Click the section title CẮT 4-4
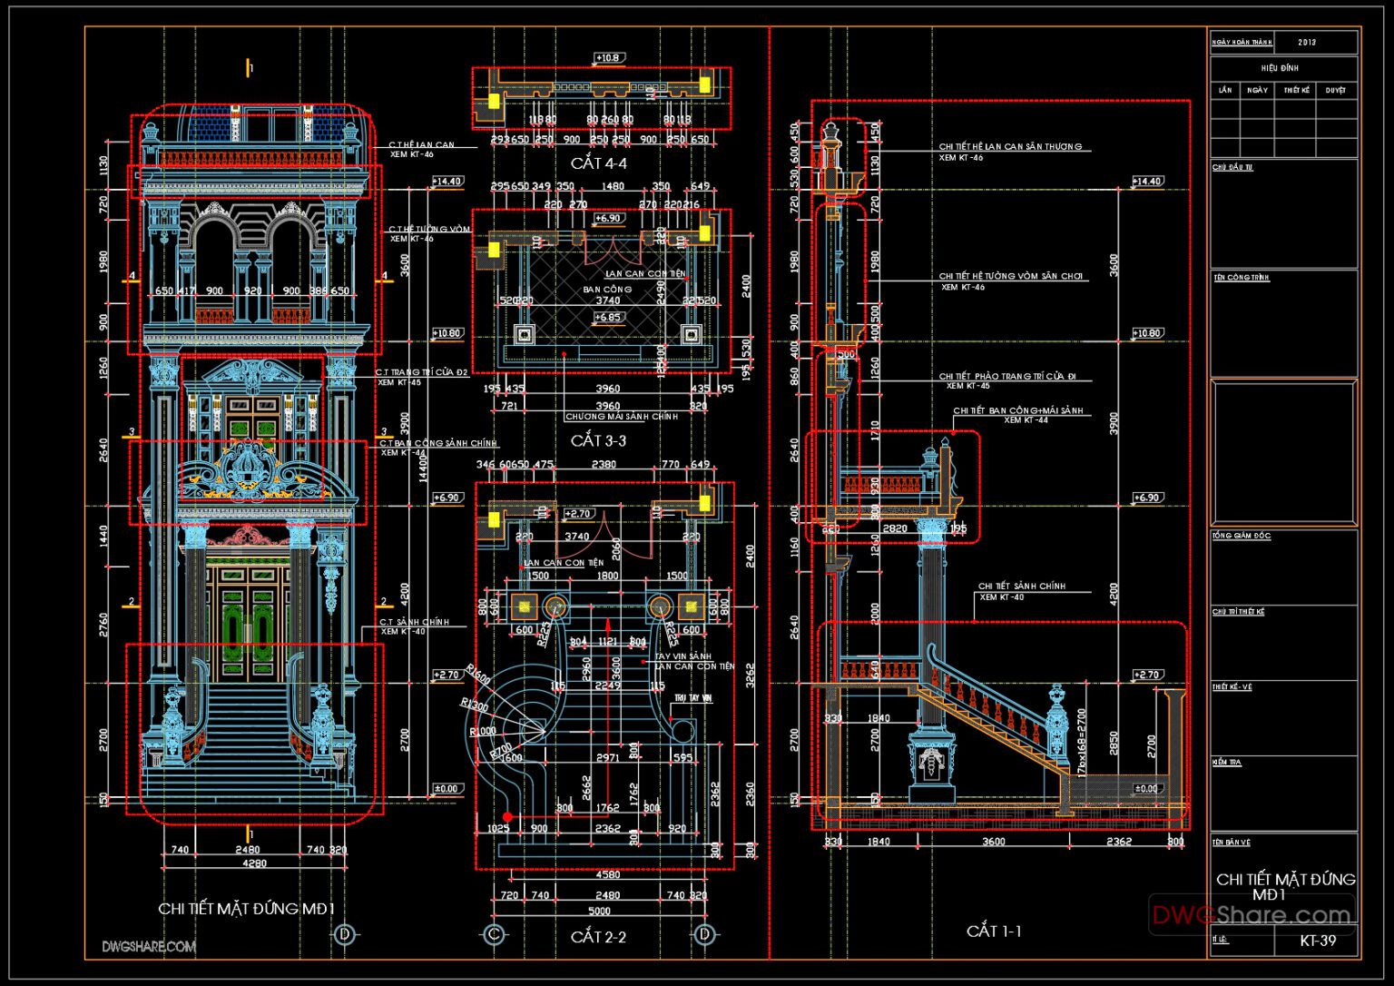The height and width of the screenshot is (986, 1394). [x=598, y=163]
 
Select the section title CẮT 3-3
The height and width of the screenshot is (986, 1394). [x=598, y=440]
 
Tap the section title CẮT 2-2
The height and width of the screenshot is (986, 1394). [x=598, y=936]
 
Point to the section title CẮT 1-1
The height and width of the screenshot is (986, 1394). [x=994, y=931]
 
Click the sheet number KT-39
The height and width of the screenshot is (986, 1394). [x=1318, y=941]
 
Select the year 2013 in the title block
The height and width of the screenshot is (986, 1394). [x=1307, y=43]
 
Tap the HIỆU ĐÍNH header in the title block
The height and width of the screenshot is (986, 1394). [x=1280, y=68]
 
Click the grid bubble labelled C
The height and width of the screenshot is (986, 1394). [x=495, y=933]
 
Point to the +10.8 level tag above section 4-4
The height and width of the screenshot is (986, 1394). [x=607, y=58]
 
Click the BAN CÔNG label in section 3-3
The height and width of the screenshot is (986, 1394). [x=607, y=290]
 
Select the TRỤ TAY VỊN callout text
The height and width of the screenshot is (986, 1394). [x=692, y=699]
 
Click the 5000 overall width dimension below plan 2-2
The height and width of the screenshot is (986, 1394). [x=599, y=911]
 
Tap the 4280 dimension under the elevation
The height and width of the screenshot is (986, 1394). [x=254, y=863]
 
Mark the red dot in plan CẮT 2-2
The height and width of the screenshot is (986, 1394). [x=507, y=817]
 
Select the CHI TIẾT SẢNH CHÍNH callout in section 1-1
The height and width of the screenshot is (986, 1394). [x=1021, y=587]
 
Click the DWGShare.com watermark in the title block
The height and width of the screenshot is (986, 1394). [x=1252, y=915]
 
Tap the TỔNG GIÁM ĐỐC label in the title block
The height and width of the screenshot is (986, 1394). [x=1241, y=537]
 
